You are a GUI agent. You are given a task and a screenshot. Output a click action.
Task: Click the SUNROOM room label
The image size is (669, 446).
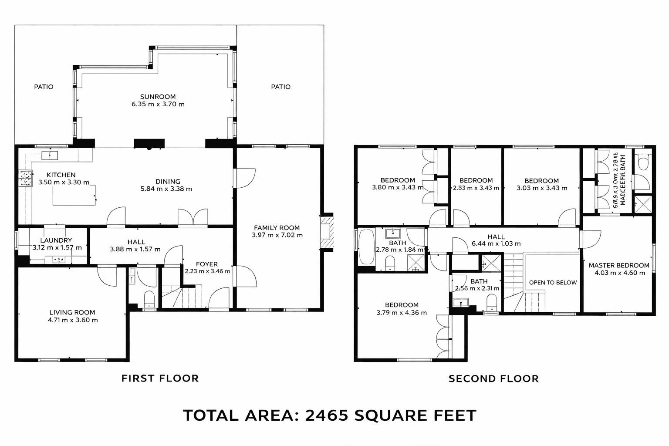158,97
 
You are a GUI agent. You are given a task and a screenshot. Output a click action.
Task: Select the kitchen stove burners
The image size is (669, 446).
25,178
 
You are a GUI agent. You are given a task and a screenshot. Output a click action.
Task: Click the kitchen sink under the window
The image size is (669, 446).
51,155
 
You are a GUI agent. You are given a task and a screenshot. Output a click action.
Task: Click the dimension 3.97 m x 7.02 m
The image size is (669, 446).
277,235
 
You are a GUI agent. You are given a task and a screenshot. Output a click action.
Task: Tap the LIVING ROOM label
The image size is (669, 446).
72,312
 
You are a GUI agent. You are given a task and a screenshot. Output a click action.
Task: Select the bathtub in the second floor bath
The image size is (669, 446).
366,247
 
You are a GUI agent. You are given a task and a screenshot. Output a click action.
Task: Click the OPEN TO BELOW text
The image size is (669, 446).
553,282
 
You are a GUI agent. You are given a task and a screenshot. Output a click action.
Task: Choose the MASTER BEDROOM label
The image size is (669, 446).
618,265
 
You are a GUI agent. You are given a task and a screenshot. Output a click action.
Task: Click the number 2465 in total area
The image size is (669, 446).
326,415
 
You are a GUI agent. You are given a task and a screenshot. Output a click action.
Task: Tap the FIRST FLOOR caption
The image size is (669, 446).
160,378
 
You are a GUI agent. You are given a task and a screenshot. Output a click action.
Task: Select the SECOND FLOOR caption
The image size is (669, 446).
493,378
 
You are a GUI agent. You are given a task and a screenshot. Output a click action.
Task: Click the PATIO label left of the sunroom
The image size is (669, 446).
44,87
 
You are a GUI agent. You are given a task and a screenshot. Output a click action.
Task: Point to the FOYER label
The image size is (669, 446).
206,264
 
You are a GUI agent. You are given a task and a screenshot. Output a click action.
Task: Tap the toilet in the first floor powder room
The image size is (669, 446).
149,299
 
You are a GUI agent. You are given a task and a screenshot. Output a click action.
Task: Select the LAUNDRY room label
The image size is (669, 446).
56,240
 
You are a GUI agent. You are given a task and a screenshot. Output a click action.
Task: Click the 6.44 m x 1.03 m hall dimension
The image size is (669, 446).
496,244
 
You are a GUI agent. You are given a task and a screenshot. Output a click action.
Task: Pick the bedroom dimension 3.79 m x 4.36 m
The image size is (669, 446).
401,313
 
